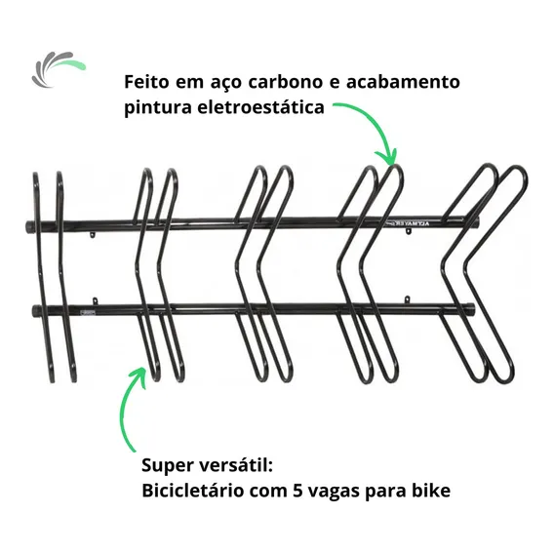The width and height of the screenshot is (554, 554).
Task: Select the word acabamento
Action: pyautogui.click(x=403, y=82)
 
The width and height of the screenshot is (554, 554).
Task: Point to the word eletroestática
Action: pyautogui.click(x=260, y=107)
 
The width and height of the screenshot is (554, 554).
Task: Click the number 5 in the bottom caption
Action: pyautogui.click(x=298, y=491)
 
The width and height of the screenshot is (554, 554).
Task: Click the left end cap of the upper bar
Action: pyautogui.click(x=28, y=225)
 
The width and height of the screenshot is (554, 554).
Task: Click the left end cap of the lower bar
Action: pyautogui.click(x=35, y=311)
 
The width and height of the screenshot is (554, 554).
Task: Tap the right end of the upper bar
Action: pyautogui.click(x=477, y=223)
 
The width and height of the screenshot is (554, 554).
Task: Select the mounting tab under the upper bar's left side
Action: pyautogui.click(x=93, y=234)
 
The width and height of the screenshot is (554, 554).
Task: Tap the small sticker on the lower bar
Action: pyautogui.click(x=87, y=312)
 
